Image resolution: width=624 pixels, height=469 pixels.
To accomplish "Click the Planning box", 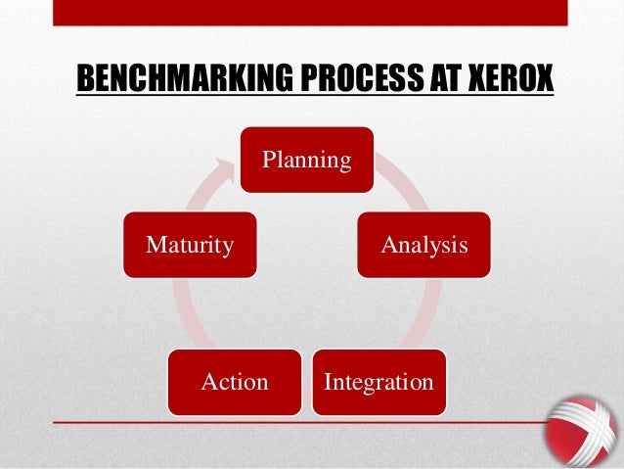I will pyautogui.click(x=308, y=159).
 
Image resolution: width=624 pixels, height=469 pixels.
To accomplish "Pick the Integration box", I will pyautogui.click(x=379, y=381).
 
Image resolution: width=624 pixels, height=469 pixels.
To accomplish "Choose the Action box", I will pyautogui.click(x=235, y=381).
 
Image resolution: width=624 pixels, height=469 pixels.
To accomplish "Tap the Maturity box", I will pyautogui.click(x=190, y=244).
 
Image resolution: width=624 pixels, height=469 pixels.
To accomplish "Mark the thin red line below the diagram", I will pyautogui.click(x=293, y=422).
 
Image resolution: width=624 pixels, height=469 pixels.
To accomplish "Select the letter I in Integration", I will pyautogui.click(x=328, y=381).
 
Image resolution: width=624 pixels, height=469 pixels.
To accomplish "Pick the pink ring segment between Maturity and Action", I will pyautogui.click(x=183, y=313).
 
